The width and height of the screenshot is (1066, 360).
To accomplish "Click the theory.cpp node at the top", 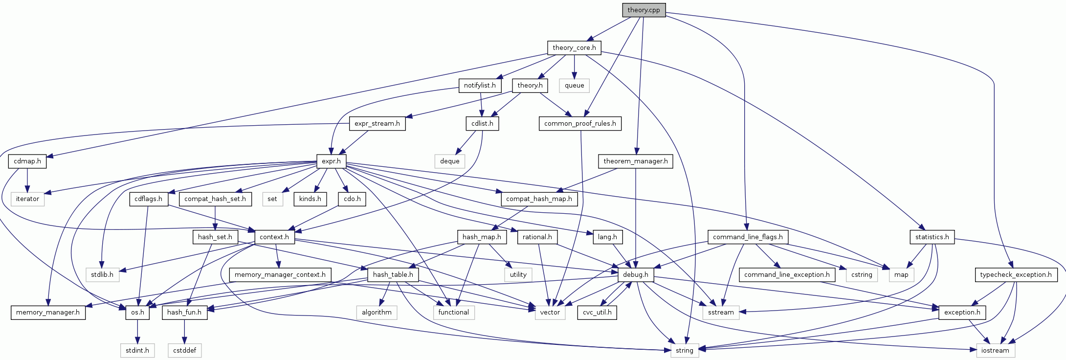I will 644,10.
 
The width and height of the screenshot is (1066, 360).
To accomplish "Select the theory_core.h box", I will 574,48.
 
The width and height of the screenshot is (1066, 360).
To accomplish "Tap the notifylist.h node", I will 480,86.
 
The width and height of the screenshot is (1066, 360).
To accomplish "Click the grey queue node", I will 574,86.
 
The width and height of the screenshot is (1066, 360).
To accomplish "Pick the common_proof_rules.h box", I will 580,124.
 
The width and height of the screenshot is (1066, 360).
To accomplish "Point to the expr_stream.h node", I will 377,124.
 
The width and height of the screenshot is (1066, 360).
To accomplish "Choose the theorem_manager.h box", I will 635,161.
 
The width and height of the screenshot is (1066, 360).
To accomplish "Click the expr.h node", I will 331,161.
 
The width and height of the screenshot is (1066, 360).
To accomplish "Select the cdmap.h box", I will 27,161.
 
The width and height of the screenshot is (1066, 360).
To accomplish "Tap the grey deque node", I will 449,161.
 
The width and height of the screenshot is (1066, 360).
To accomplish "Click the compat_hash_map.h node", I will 539,199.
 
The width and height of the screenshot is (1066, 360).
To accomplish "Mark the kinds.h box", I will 310,199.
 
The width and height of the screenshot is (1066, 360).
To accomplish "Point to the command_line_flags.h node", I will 748,237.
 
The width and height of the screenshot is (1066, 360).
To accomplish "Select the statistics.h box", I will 932,237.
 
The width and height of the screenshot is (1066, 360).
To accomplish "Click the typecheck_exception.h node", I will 1016,275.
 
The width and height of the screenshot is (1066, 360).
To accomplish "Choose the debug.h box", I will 635,275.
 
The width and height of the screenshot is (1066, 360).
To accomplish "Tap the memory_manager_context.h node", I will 280,275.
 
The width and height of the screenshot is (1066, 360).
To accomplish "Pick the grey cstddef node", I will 184,350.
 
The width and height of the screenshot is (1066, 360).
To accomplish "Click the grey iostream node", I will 995,350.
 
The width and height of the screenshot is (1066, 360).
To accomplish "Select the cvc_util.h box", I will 597,313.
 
